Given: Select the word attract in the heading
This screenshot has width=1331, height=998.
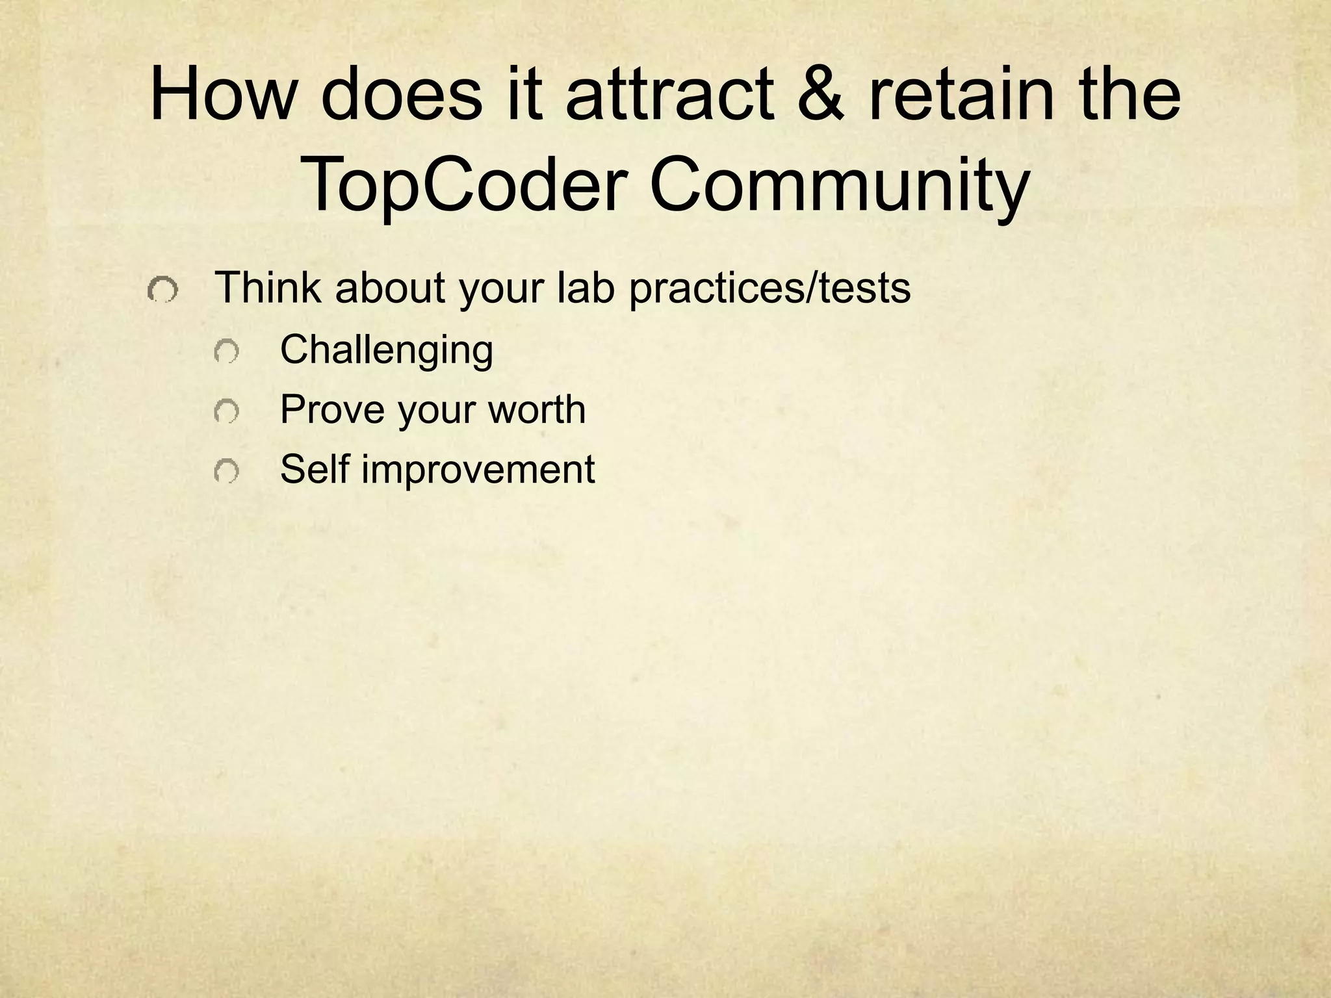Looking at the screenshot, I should tap(669, 95).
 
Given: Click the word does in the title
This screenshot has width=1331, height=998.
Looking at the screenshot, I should tap(402, 95).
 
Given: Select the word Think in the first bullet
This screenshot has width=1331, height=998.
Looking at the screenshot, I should tap(267, 287).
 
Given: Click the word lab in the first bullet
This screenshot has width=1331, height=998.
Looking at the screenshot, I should tap(586, 287).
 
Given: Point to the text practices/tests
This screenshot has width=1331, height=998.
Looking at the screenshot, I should tap(769, 287).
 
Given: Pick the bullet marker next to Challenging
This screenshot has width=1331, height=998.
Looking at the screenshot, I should tap(226, 352).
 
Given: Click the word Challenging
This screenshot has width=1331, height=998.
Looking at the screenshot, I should tap(386, 350).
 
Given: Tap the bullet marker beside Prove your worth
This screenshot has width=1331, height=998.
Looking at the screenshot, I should tap(226, 412).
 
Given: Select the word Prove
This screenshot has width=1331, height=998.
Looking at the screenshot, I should tap(331, 409).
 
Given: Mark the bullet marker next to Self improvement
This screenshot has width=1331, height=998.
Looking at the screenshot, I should tap(226, 471).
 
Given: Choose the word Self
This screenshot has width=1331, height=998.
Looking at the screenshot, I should tap(315, 468).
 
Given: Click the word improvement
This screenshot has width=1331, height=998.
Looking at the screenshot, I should tap(478, 470).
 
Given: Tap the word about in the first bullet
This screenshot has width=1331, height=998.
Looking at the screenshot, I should tap(390, 287).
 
